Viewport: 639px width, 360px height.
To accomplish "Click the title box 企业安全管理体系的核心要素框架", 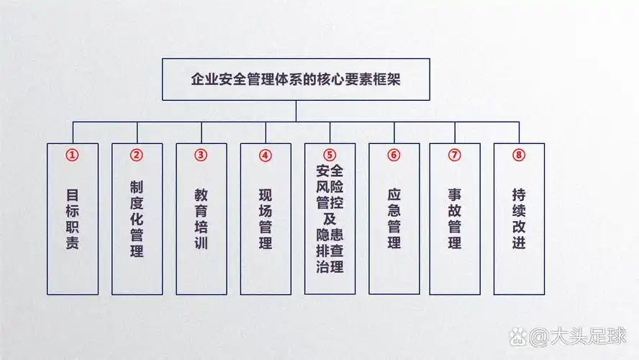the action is (x=296, y=79).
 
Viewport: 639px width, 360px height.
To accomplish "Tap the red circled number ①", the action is (x=72, y=155).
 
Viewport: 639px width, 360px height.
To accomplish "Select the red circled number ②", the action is (x=137, y=155).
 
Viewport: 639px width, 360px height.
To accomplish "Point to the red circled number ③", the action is (x=201, y=155).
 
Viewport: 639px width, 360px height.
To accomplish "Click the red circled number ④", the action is (x=265, y=156).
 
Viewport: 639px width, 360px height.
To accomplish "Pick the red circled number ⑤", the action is (x=330, y=155).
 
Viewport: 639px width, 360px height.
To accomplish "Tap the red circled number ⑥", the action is (x=394, y=155).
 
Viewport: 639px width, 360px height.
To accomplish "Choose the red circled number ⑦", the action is (x=454, y=155).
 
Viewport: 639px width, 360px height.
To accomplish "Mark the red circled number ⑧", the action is (x=519, y=155).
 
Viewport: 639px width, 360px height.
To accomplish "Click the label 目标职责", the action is (x=73, y=219).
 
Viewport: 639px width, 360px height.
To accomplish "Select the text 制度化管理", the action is (x=137, y=219).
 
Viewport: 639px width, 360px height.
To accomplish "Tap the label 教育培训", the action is (x=201, y=219).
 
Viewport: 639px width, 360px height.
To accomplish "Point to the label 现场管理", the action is (x=266, y=219).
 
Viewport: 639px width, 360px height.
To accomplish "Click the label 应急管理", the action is (x=394, y=219).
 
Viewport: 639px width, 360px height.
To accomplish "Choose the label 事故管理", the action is (x=455, y=219).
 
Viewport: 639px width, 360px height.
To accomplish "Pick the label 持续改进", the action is (x=520, y=219).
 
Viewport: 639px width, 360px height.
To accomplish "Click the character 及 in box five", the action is (x=330, y=219).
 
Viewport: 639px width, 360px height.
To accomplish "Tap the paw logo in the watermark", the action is (x=518, y=336).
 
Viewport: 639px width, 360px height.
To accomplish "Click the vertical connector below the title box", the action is (x=296, y=111).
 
